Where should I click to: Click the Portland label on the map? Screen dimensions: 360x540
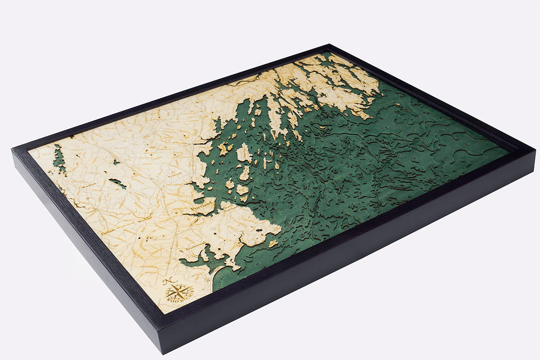(202, 206)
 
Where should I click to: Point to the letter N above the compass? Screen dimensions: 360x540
(167, 281)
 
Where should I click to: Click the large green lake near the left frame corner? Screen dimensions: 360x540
(59, 158)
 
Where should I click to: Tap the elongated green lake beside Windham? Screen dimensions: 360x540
(117, 183)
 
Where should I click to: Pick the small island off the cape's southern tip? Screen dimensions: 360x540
(273, 243)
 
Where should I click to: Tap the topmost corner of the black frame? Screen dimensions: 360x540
(327, 45)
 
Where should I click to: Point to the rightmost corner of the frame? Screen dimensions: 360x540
(535, 151)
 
